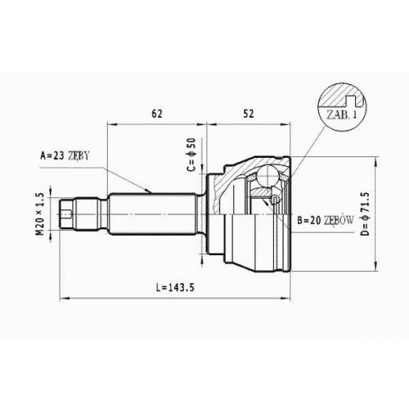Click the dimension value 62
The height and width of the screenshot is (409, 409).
[x=157, y=114]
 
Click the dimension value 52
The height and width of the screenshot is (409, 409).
[x=248, y=114]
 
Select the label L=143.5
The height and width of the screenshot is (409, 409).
[x=176, y=287]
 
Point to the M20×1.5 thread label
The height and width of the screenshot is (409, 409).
[x=40, y=214]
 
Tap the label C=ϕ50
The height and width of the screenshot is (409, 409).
[x=191, y=155]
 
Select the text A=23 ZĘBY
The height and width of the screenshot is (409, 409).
[x=65, y=155]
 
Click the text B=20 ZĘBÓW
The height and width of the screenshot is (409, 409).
[x=326, y=220]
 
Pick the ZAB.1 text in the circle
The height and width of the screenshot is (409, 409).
[x=342, y=115]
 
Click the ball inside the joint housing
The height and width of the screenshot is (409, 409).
[x=267, y=176]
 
